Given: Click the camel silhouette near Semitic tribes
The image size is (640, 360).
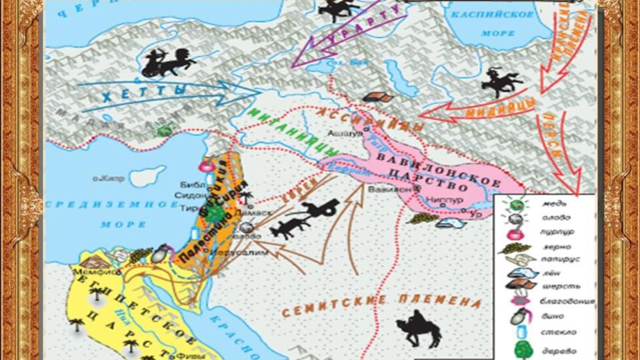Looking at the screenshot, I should click(418, 327).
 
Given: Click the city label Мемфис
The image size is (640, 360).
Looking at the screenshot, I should click(88, 272).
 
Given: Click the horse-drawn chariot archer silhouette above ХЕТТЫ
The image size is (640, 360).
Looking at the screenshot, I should click(168, 63).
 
